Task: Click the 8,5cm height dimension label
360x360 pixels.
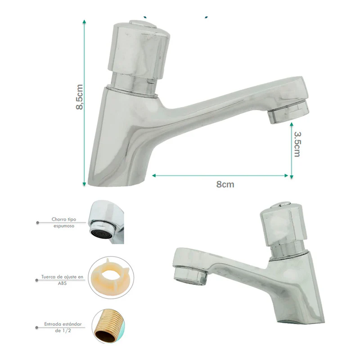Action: tap(80, 97)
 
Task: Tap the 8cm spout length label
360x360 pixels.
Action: tap(225, 184)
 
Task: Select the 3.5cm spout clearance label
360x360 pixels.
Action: tap(297, 144)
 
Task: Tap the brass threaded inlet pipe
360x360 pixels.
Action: tap(109, 326)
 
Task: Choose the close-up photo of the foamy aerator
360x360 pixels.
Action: tap(106, 222)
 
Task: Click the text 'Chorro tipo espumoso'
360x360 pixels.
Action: tap(64, 222)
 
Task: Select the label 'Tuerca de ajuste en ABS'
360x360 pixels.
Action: tap(62, 280)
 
